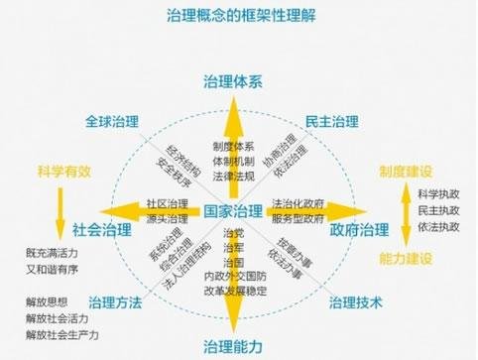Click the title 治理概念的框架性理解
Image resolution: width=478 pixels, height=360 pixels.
tap(239, 15)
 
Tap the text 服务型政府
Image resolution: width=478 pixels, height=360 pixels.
tap(298, 218)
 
